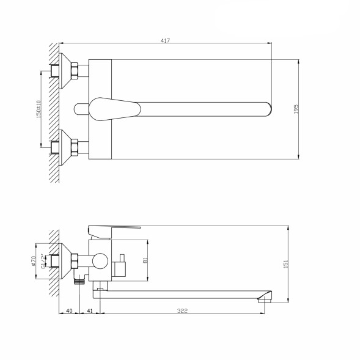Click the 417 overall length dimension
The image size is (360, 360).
(166, 40)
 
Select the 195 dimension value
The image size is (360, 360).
(295, 109)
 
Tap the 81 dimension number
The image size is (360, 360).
(144, 259)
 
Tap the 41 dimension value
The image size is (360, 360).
(90, 312)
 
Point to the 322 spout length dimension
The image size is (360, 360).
(182, 312)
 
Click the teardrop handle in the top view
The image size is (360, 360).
(116, 108)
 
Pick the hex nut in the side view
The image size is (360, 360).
(74, 262)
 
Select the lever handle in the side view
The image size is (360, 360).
(116, 229)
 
